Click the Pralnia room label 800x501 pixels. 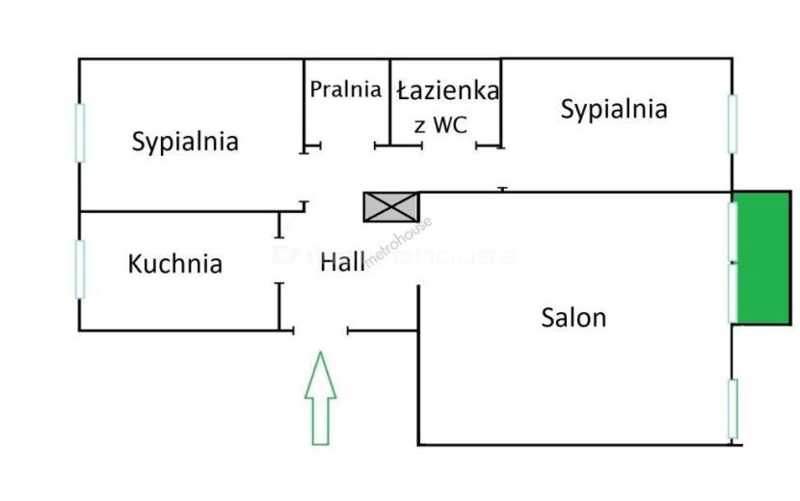tap(345, 90)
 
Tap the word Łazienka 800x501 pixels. tap(448, 91)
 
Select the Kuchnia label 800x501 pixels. tap(175, 264)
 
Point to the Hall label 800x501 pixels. tap(342, 262)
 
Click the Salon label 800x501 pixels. tap(573, 317)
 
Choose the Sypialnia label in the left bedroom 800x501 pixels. tap(185, 142)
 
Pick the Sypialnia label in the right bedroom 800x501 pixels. tap(614, 109)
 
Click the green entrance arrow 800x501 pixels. tap(320, 398)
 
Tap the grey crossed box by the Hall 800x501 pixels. tap(391, 206)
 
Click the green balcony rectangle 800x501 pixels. tap(761, 257)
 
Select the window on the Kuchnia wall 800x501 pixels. tap(80, 270)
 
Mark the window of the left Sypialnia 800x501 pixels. tap(80, 133)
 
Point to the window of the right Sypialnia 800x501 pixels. tap(733, 124)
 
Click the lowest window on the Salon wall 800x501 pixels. tap(733, 409)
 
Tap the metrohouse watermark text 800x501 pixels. tap(398, 243)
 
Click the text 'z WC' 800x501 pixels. tap(440, 125)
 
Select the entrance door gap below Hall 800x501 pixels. tap(321, 331)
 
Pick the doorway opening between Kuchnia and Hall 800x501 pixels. tap(280, 260)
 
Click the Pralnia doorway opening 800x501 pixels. tap(348, 145)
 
